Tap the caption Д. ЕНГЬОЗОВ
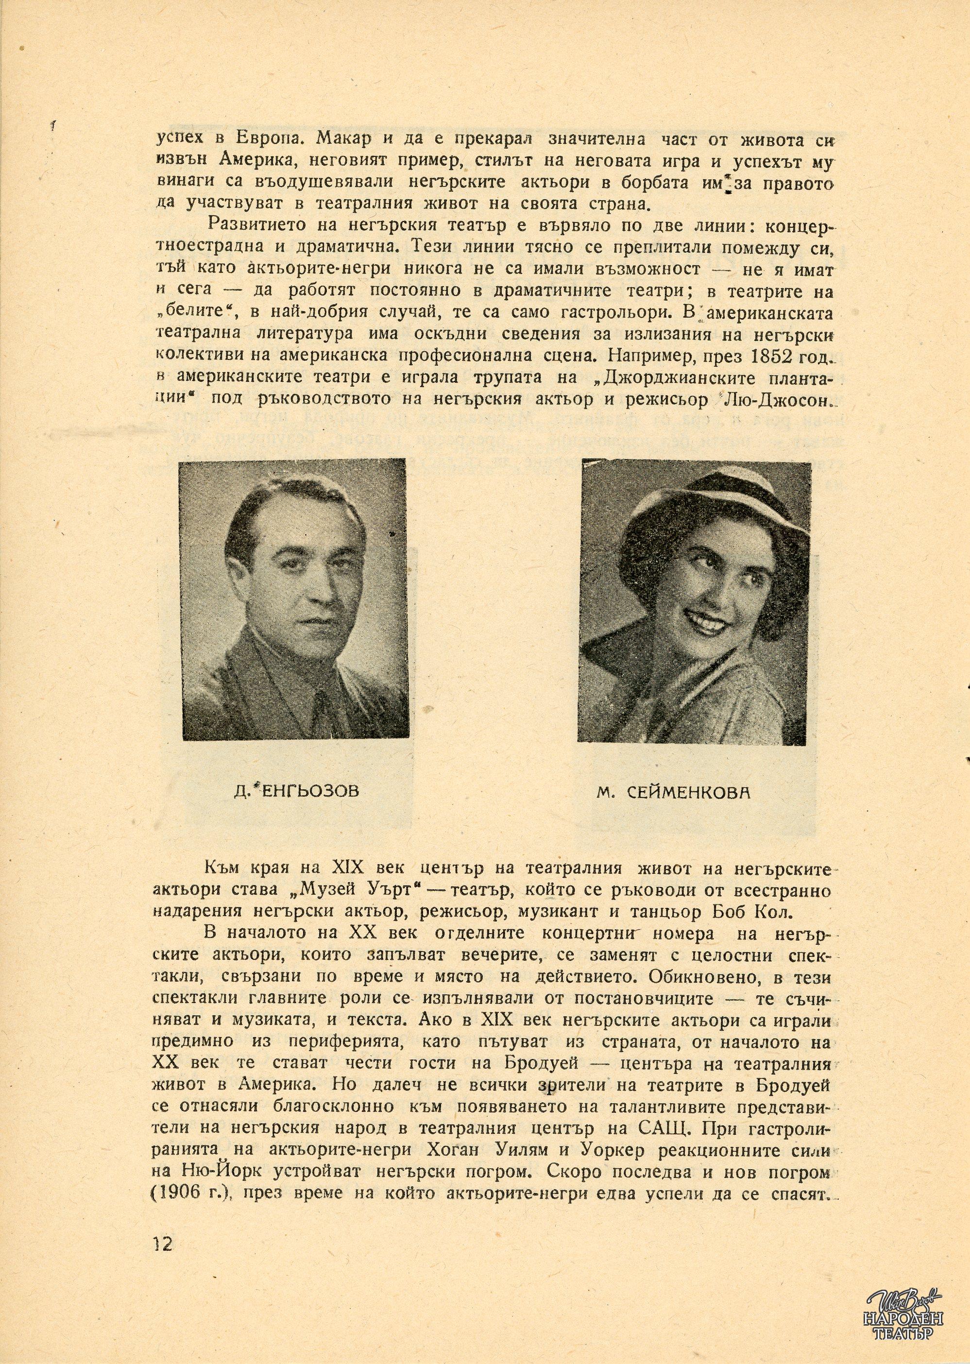pos(295,792)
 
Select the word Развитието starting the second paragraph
pos(255,223)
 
